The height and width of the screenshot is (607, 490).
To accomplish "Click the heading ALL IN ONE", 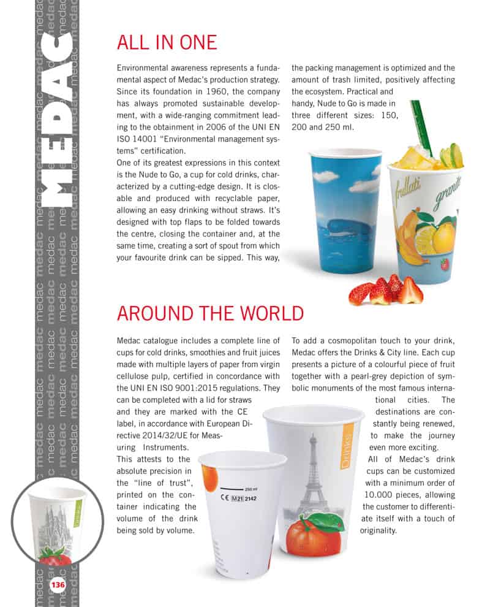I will (x=167, y=42).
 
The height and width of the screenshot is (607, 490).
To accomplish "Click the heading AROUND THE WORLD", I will (x=210, y=313).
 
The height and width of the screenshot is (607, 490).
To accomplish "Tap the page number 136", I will (x=58, y=584).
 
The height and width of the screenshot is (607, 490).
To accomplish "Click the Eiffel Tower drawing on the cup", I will (x=314, y=472).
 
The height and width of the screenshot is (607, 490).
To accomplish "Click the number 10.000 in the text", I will (x=380, y=495).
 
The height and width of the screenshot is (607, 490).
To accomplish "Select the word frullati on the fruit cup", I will (x=409, y=183).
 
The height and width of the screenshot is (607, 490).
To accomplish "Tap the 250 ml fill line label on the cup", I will (x=251, y=489).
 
